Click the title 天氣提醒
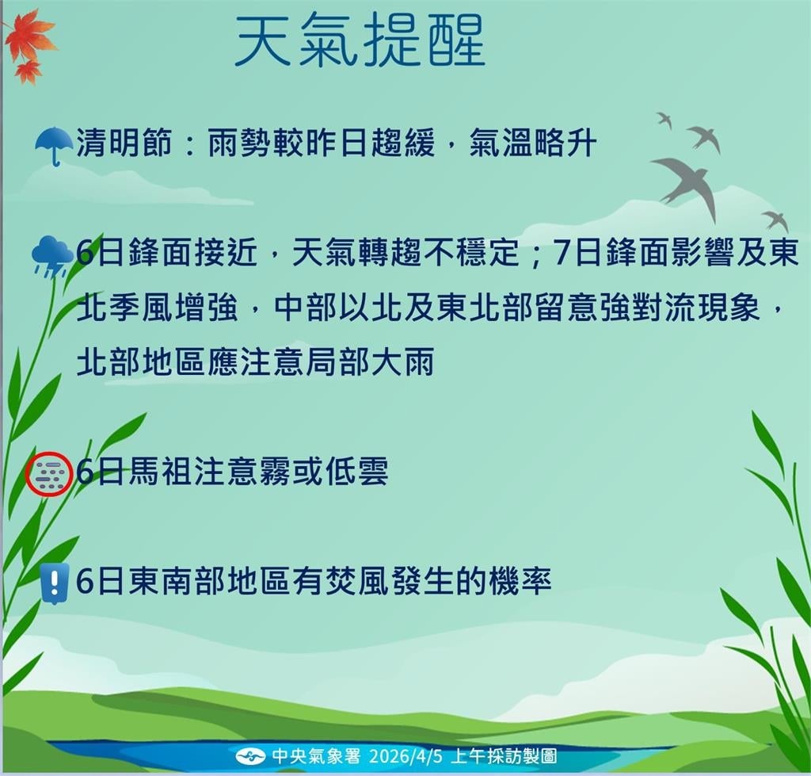[360, 41]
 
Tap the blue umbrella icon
[54, 145]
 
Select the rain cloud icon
[51, 255]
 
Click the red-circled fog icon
[50, 474]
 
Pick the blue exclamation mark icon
[54, 583]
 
